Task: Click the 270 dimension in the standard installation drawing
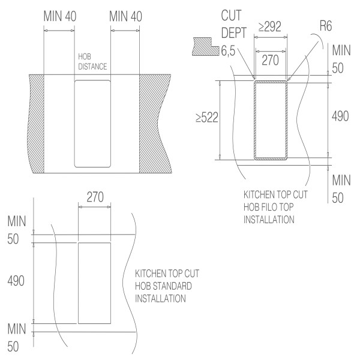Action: [x=94, y=196]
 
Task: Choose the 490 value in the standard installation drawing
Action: [x=16, y=281]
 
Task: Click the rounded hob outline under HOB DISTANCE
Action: [x=92, y=123]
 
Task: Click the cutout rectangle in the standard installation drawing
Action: [x=94, y=282]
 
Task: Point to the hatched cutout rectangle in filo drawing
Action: [x=270, y=120]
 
